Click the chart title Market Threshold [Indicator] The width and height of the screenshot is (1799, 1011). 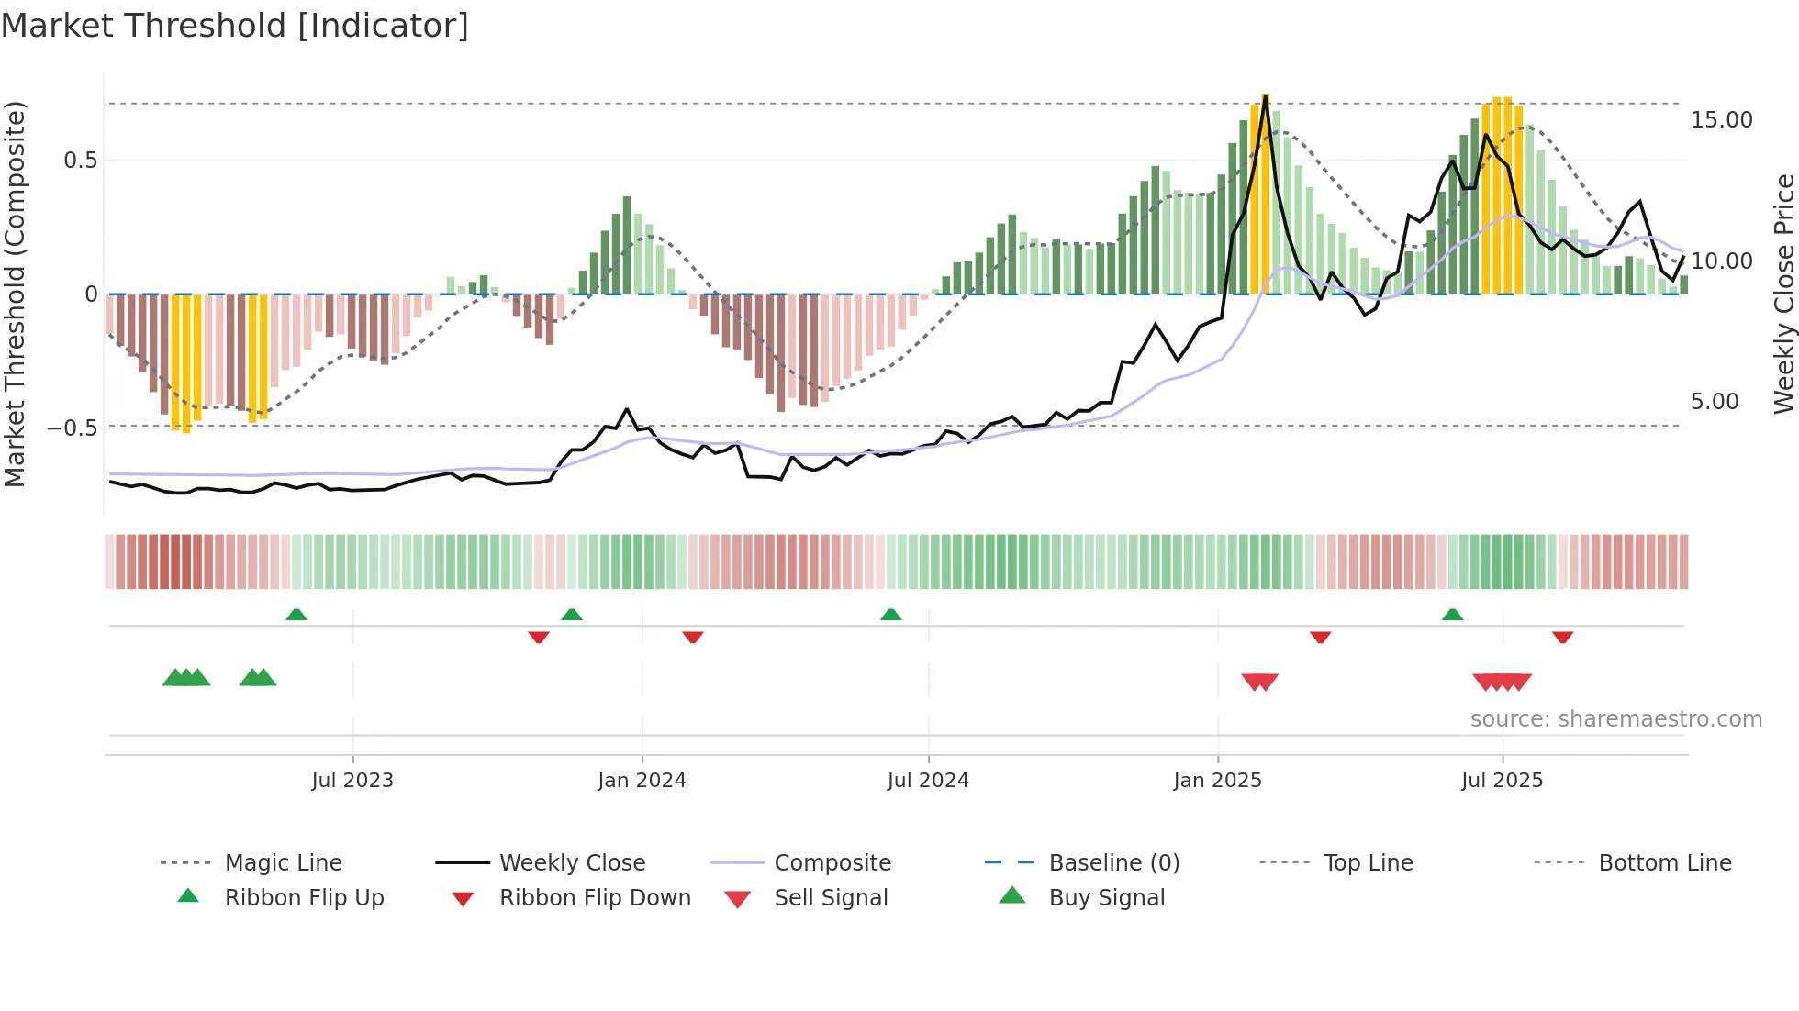(x=235, y=26)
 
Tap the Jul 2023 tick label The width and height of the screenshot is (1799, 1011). (x=352, y=781)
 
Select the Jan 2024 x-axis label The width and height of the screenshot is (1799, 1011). (x=642, y=781)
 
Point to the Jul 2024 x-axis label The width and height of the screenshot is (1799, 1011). (x=928, y=781)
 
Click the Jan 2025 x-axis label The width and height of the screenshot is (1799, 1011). (x=1217, y=781)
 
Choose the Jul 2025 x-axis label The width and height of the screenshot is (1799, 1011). (x=1503, y=781)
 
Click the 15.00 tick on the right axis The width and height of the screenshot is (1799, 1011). (x=1721, y=120)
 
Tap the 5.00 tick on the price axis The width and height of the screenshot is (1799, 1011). (x=1715, y=402)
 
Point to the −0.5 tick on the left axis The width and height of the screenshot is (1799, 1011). (x=73, y=428)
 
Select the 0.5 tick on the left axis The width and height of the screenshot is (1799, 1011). (x=80, y=161)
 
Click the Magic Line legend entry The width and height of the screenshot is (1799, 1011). (x=283, y=863)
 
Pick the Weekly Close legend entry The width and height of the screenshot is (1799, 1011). (x=572, y=863)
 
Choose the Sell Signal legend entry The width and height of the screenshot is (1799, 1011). (x=831, y=898)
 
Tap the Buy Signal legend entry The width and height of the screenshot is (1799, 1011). (x=1106, y=898)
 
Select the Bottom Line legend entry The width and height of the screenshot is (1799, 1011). (x=1664, y=863)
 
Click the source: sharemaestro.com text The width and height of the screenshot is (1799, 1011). (x=1615, y=719)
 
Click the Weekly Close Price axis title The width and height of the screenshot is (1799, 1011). (x=1783, y=294)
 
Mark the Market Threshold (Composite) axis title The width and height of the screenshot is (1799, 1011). (x=15, y=294)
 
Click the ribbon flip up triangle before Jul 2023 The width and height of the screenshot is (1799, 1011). (x=296, y=615)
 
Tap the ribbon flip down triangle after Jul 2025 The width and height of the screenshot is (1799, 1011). (x=1563, y=637)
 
